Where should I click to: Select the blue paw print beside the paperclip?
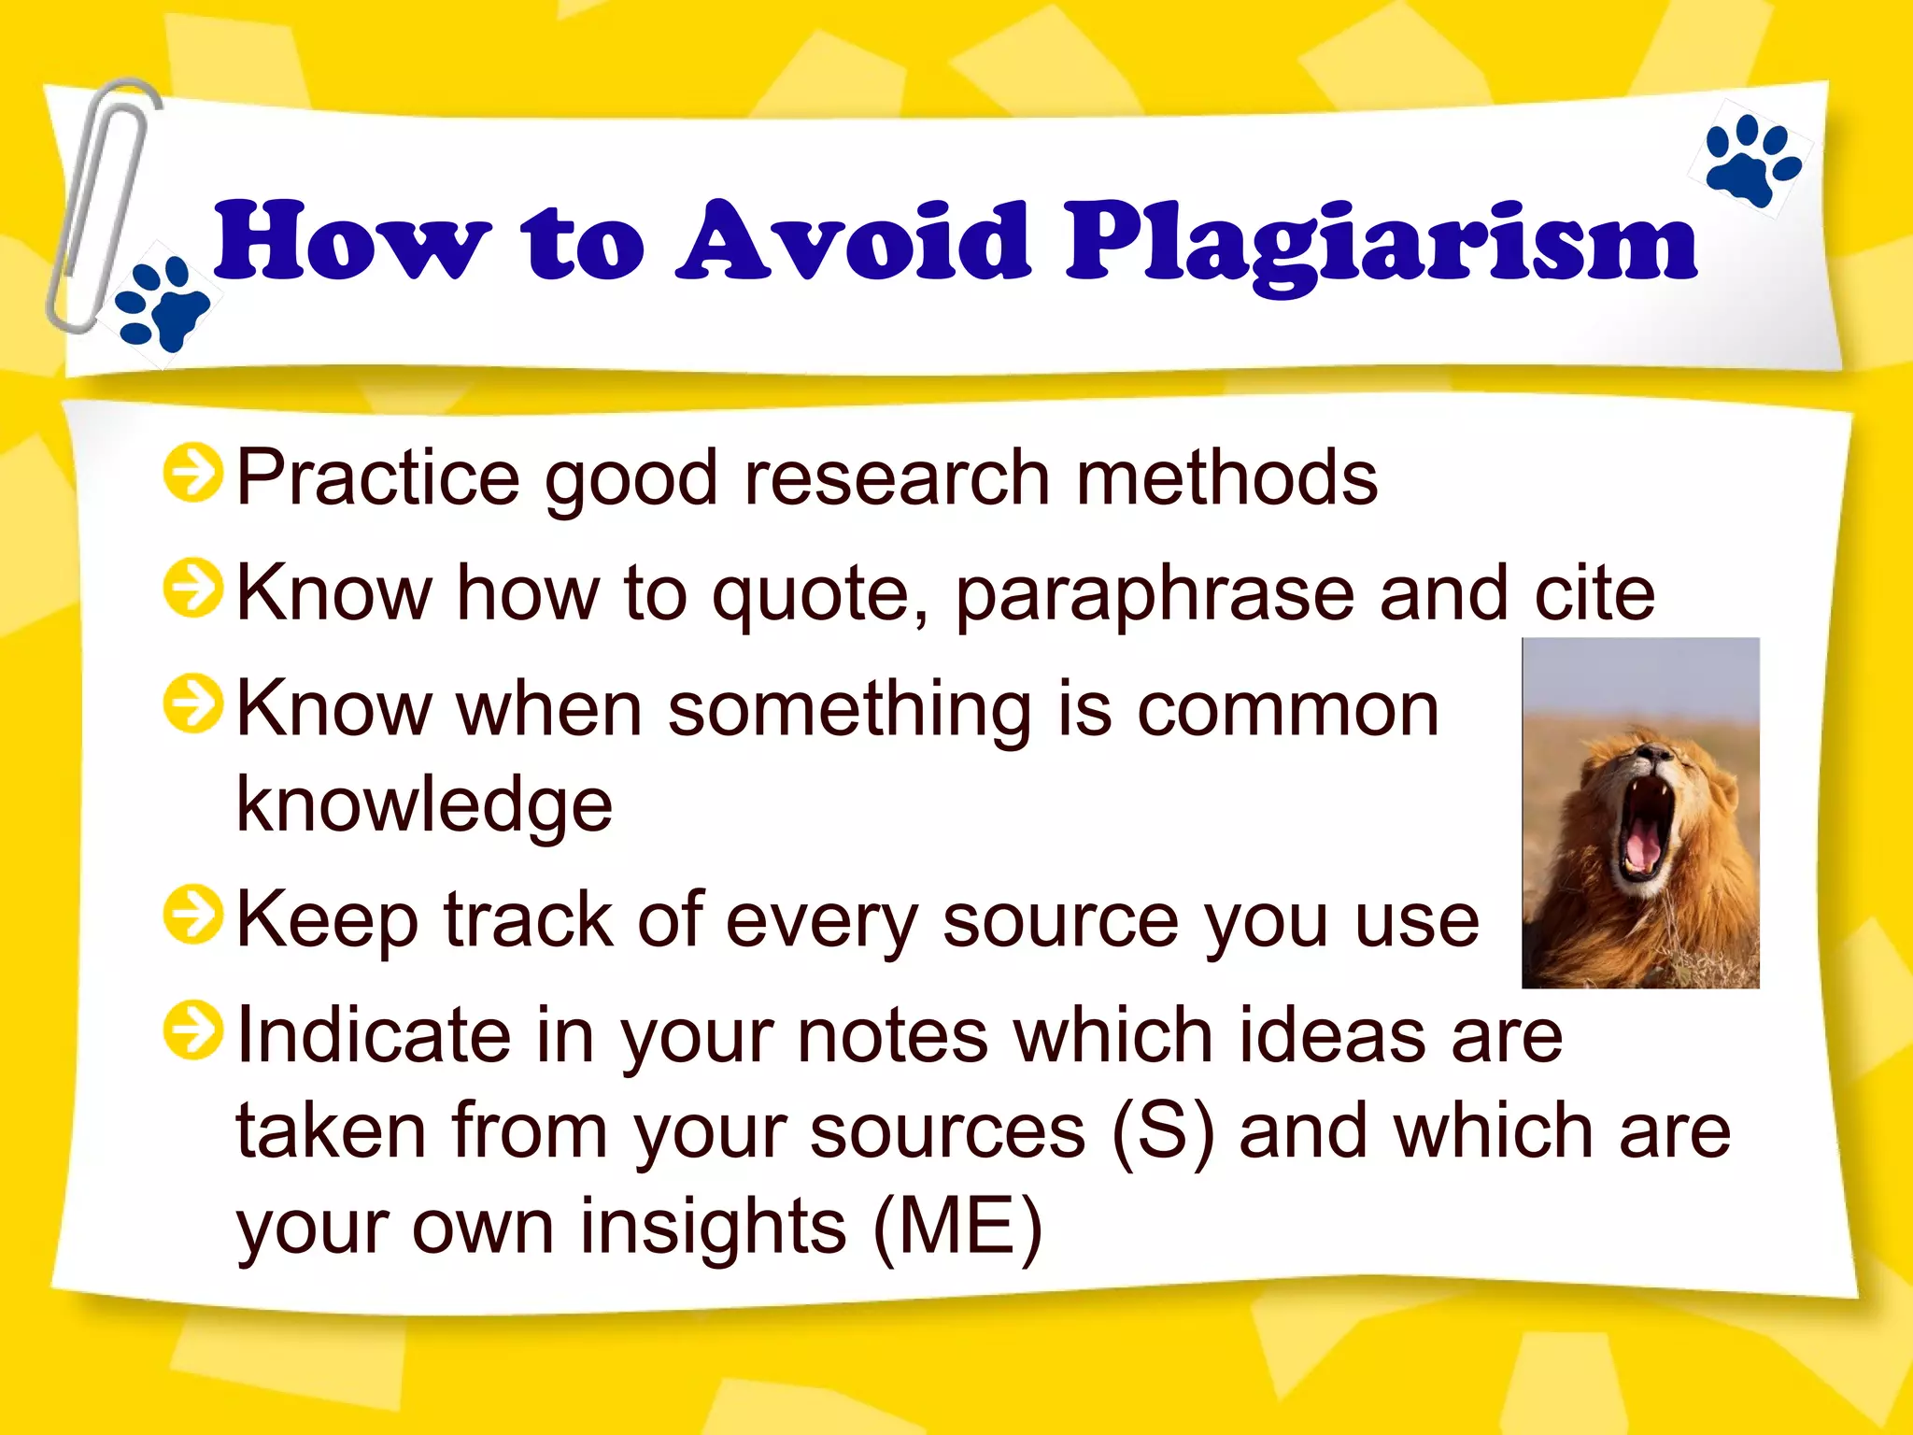point(161,305)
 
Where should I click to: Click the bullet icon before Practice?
point(192,473)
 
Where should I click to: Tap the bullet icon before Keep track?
point(192,915)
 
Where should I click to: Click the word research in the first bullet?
point(897,478)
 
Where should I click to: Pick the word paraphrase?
point(1155,595)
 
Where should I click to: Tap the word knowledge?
point(424,805)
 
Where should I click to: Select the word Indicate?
point(374,1035)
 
